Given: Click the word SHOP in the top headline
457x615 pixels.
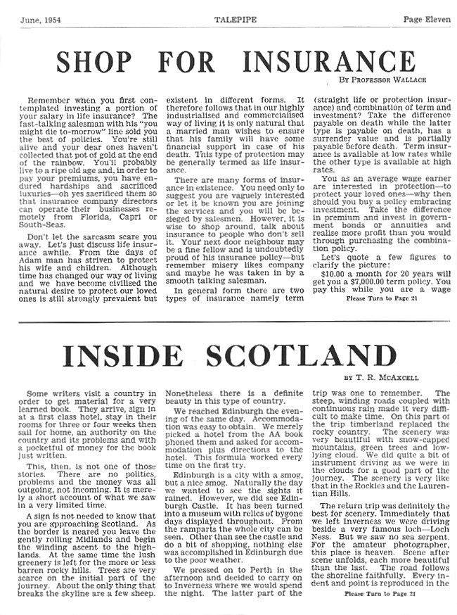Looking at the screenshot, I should (x=96, y=61).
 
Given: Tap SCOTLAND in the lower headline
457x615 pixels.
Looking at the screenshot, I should (x=309, y=355).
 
